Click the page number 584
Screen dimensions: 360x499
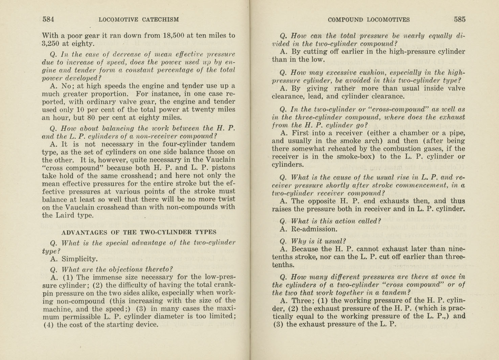pyautogui.click(x=48, y=19)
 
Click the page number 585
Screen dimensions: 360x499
pyautogui.click(x=459, y=19)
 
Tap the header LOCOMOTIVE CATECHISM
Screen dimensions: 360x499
pyautogui.click(x=139, y=20)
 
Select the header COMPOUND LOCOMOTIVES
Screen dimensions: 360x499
pyautogui.click(x=368, y=20)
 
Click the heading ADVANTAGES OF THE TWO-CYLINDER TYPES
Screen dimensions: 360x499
pyautogui.click(x=139, y=232)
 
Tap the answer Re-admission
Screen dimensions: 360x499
pyautogui.click(x=314, y=229)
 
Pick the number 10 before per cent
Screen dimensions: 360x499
pyautogui.click(x=80, y=110)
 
